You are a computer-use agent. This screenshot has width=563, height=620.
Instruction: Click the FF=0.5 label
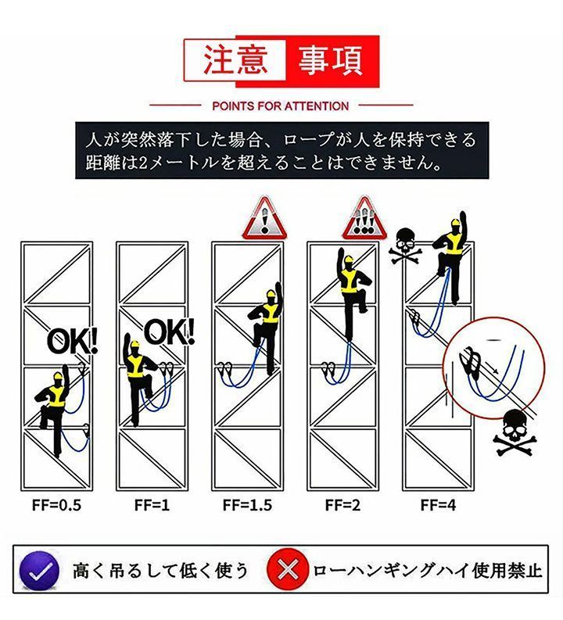pyautogui.click(x=56, y=505)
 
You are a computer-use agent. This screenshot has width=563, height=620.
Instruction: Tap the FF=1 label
pyautogui.click(x=152, y=505)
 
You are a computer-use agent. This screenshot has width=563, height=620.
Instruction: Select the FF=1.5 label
pyautogui.click(x=248, y=505)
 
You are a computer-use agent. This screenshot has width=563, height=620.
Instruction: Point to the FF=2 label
pyautogui.click(x=342, y=505)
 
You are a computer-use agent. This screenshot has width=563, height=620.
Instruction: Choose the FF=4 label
pyautogui.click(x=438, y=505)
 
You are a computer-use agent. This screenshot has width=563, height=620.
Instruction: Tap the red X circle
pyautogui.click(x=288, y=569)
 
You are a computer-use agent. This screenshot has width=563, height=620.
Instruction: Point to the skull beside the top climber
pyautogui.click(x=405, y=246)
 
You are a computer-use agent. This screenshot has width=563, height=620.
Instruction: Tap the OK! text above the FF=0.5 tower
pyautogui.click(x=72, y=341)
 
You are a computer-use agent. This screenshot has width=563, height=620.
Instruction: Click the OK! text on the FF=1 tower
pyautogui.click(x=169, y=332)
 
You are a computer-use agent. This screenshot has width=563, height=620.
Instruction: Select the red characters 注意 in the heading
pyautogui.click(x=235, y=60)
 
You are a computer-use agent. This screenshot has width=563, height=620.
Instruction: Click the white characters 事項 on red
pyautogui.click(x=331, y=60)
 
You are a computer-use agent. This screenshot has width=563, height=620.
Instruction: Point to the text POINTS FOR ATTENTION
pyautogui.click(x=281, y=106)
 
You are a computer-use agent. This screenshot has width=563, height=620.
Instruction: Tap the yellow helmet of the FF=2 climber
pyautogui.click(x=349, y=260)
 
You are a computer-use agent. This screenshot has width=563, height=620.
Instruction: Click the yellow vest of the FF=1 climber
pyautogui.click(x=135, y=366)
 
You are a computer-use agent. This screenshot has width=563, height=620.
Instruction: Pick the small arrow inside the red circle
pyautogui.click(x=492, y=367)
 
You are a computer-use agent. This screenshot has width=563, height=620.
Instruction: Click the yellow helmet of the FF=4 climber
pyautogui.click(x=455, y=224)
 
